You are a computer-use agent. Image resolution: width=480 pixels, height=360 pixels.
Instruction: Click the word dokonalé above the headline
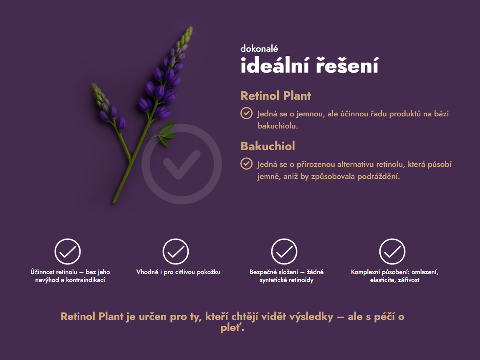pyautogui.click(x=259, y=49)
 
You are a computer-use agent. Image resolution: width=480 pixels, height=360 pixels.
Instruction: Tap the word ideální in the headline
pyautogui.click(x=275, y=65)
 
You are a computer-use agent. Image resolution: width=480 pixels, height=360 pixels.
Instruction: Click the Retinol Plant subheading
pyautogui.click(x=276, y=96)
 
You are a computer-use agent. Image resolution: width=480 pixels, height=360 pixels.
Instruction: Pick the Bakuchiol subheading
pyautogui.click(x=268, y=146)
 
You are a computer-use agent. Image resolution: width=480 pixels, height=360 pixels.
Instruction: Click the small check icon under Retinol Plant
pyautogui.click(x=246, y=113)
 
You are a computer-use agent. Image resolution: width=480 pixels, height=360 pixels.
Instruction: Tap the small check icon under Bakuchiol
pyautogui.click(x=246, y=164)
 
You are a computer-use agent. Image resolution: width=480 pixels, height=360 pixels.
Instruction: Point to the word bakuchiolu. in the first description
pyautogui.click(x=278, y=126)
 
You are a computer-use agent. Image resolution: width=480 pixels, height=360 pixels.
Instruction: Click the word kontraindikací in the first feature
pyautogui.click(x=86, y=280)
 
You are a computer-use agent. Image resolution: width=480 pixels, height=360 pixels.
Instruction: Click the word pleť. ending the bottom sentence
pyautogui.click(x=232, y=328)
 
